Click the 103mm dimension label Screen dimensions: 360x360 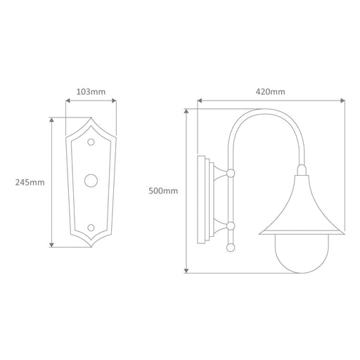point(91,91)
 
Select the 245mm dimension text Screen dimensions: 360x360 point(30,182)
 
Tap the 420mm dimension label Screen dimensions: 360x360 point(270,91)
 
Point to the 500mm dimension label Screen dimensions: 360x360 point(163,191)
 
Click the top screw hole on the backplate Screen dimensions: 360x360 point(91,142)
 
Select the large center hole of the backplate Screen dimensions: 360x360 point(91,181)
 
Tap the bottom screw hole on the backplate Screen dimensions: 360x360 point(91,227)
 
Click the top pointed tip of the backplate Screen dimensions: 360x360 point(91,118)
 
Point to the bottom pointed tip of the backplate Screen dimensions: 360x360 point(91,247)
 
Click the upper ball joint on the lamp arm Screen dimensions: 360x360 point(231,173)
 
